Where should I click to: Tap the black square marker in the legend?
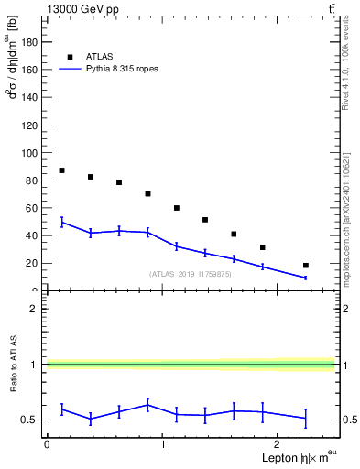70,56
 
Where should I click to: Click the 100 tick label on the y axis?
32,152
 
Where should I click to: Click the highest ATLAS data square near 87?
61,170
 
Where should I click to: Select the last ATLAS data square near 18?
305,266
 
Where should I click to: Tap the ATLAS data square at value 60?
176,208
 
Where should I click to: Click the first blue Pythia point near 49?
61,223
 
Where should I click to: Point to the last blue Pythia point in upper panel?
305,278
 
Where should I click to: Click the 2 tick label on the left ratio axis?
37,309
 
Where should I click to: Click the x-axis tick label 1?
162,444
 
